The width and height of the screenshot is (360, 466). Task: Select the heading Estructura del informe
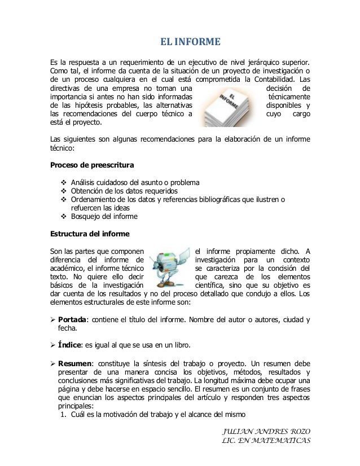click(x=90, y=233)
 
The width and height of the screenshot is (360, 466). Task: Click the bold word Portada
click(x=75, y=322)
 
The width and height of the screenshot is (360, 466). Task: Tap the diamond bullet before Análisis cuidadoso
click(x=63, y=182)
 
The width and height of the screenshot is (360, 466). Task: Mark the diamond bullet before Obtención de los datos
click(x=63, y=191)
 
